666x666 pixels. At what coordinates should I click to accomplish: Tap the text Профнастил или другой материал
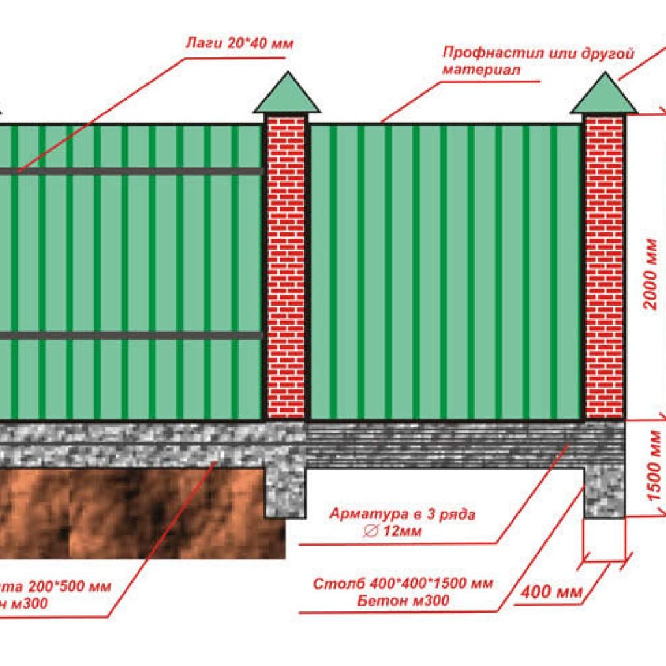(537, 61)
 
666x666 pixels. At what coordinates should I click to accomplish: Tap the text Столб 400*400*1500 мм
(403, 582)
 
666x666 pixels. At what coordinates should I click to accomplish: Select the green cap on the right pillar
(605, 95)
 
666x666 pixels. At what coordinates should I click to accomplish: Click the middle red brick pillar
(286, 267)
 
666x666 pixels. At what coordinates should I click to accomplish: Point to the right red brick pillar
(605, 267)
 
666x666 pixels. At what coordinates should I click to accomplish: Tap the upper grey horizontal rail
(130, 171)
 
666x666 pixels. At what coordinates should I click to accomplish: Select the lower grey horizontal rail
(130, 336)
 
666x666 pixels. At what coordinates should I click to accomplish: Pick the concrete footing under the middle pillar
(286, 488)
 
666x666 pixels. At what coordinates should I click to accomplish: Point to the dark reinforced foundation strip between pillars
(442, 446)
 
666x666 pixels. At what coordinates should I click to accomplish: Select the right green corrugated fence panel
(446, 270)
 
